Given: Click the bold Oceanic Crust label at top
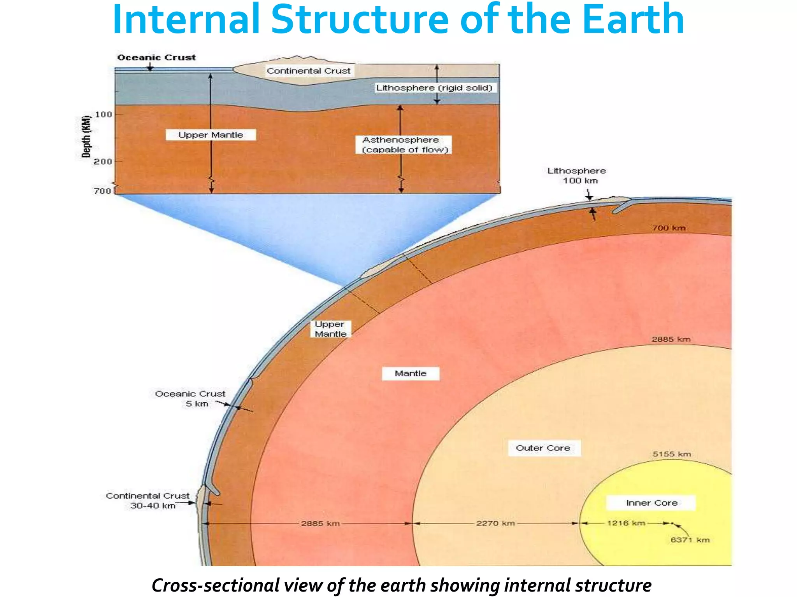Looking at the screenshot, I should pyautogui.click(x=156, y=58).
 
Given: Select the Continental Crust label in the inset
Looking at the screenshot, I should pyautogui.click(x=309, y=71).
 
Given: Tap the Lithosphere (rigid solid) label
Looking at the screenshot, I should pyautogui.click(x=434, y=88).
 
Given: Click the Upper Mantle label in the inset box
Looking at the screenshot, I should pyautogui.click(x=211, y=135).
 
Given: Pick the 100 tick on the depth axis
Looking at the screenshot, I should pyautogui.click(x=104, y=115).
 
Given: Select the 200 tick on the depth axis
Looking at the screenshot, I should pyautogui.click(x=103, y=161).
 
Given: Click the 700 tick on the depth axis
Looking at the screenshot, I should pyautogui.click(x=102, y=191).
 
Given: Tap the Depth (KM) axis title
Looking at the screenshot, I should pyautogui.click(x=86, y=137).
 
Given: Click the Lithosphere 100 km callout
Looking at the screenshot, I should pyautogui.click(x=577, y=176).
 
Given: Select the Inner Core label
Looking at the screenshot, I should pyautogui.click(x=651, y=503).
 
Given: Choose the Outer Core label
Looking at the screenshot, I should pyautogui.click(x=543, y=448).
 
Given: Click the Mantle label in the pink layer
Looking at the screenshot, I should pyautogui.click(x=411, y=374).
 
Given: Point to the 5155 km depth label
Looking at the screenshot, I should pyautogui.click(x=672, y=454).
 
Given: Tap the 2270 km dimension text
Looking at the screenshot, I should pyautogui.click(x=495, y=523).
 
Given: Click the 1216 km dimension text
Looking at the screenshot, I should pyautogui.click(x=626, y=523).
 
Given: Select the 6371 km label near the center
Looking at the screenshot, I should pyautogui.click(x=690, y=540).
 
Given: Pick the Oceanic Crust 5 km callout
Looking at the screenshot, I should pyautogui.click(x=190, y=399).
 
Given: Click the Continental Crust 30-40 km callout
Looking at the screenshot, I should pyautogui.click(x=148, y=501).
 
